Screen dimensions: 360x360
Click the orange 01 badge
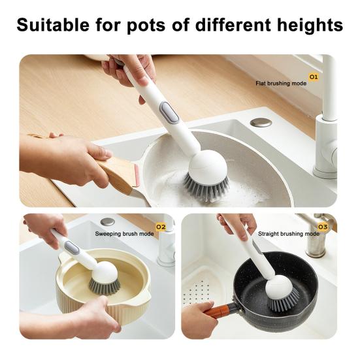click(313, 77)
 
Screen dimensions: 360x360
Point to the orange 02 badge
click(161, 227)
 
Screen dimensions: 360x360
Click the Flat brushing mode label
click(281, 84)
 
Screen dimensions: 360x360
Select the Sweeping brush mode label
click(124, 233)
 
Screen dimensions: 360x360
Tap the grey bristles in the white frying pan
click(206, 187)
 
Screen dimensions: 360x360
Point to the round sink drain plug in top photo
click(261, 122)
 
